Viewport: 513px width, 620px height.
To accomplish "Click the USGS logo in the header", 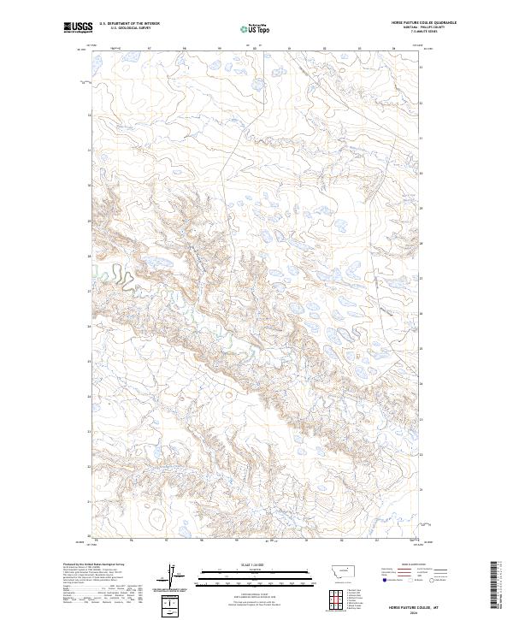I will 78,27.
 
